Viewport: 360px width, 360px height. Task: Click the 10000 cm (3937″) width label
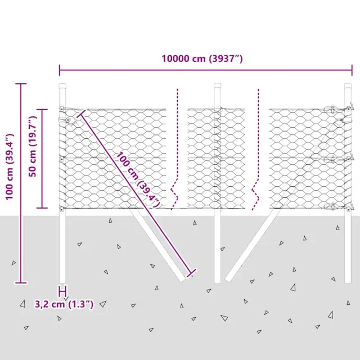click(x=202, y=58)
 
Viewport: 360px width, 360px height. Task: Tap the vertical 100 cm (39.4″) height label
click(x=8, y=167)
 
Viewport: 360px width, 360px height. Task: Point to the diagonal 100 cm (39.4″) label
click(x=138, y=179)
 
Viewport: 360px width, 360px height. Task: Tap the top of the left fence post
click(x=62, y=85)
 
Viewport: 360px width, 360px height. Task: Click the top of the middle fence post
click(x=217, y=85)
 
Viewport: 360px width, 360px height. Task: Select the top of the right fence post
click(x=348, y=85)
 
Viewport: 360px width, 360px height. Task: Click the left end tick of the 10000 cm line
click(x=60, y=70)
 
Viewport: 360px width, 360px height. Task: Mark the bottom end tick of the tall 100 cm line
click(x=21, y=282)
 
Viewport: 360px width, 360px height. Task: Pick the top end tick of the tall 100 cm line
click(x=21, y=84)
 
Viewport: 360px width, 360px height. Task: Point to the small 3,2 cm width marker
click(x=62, y=291)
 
